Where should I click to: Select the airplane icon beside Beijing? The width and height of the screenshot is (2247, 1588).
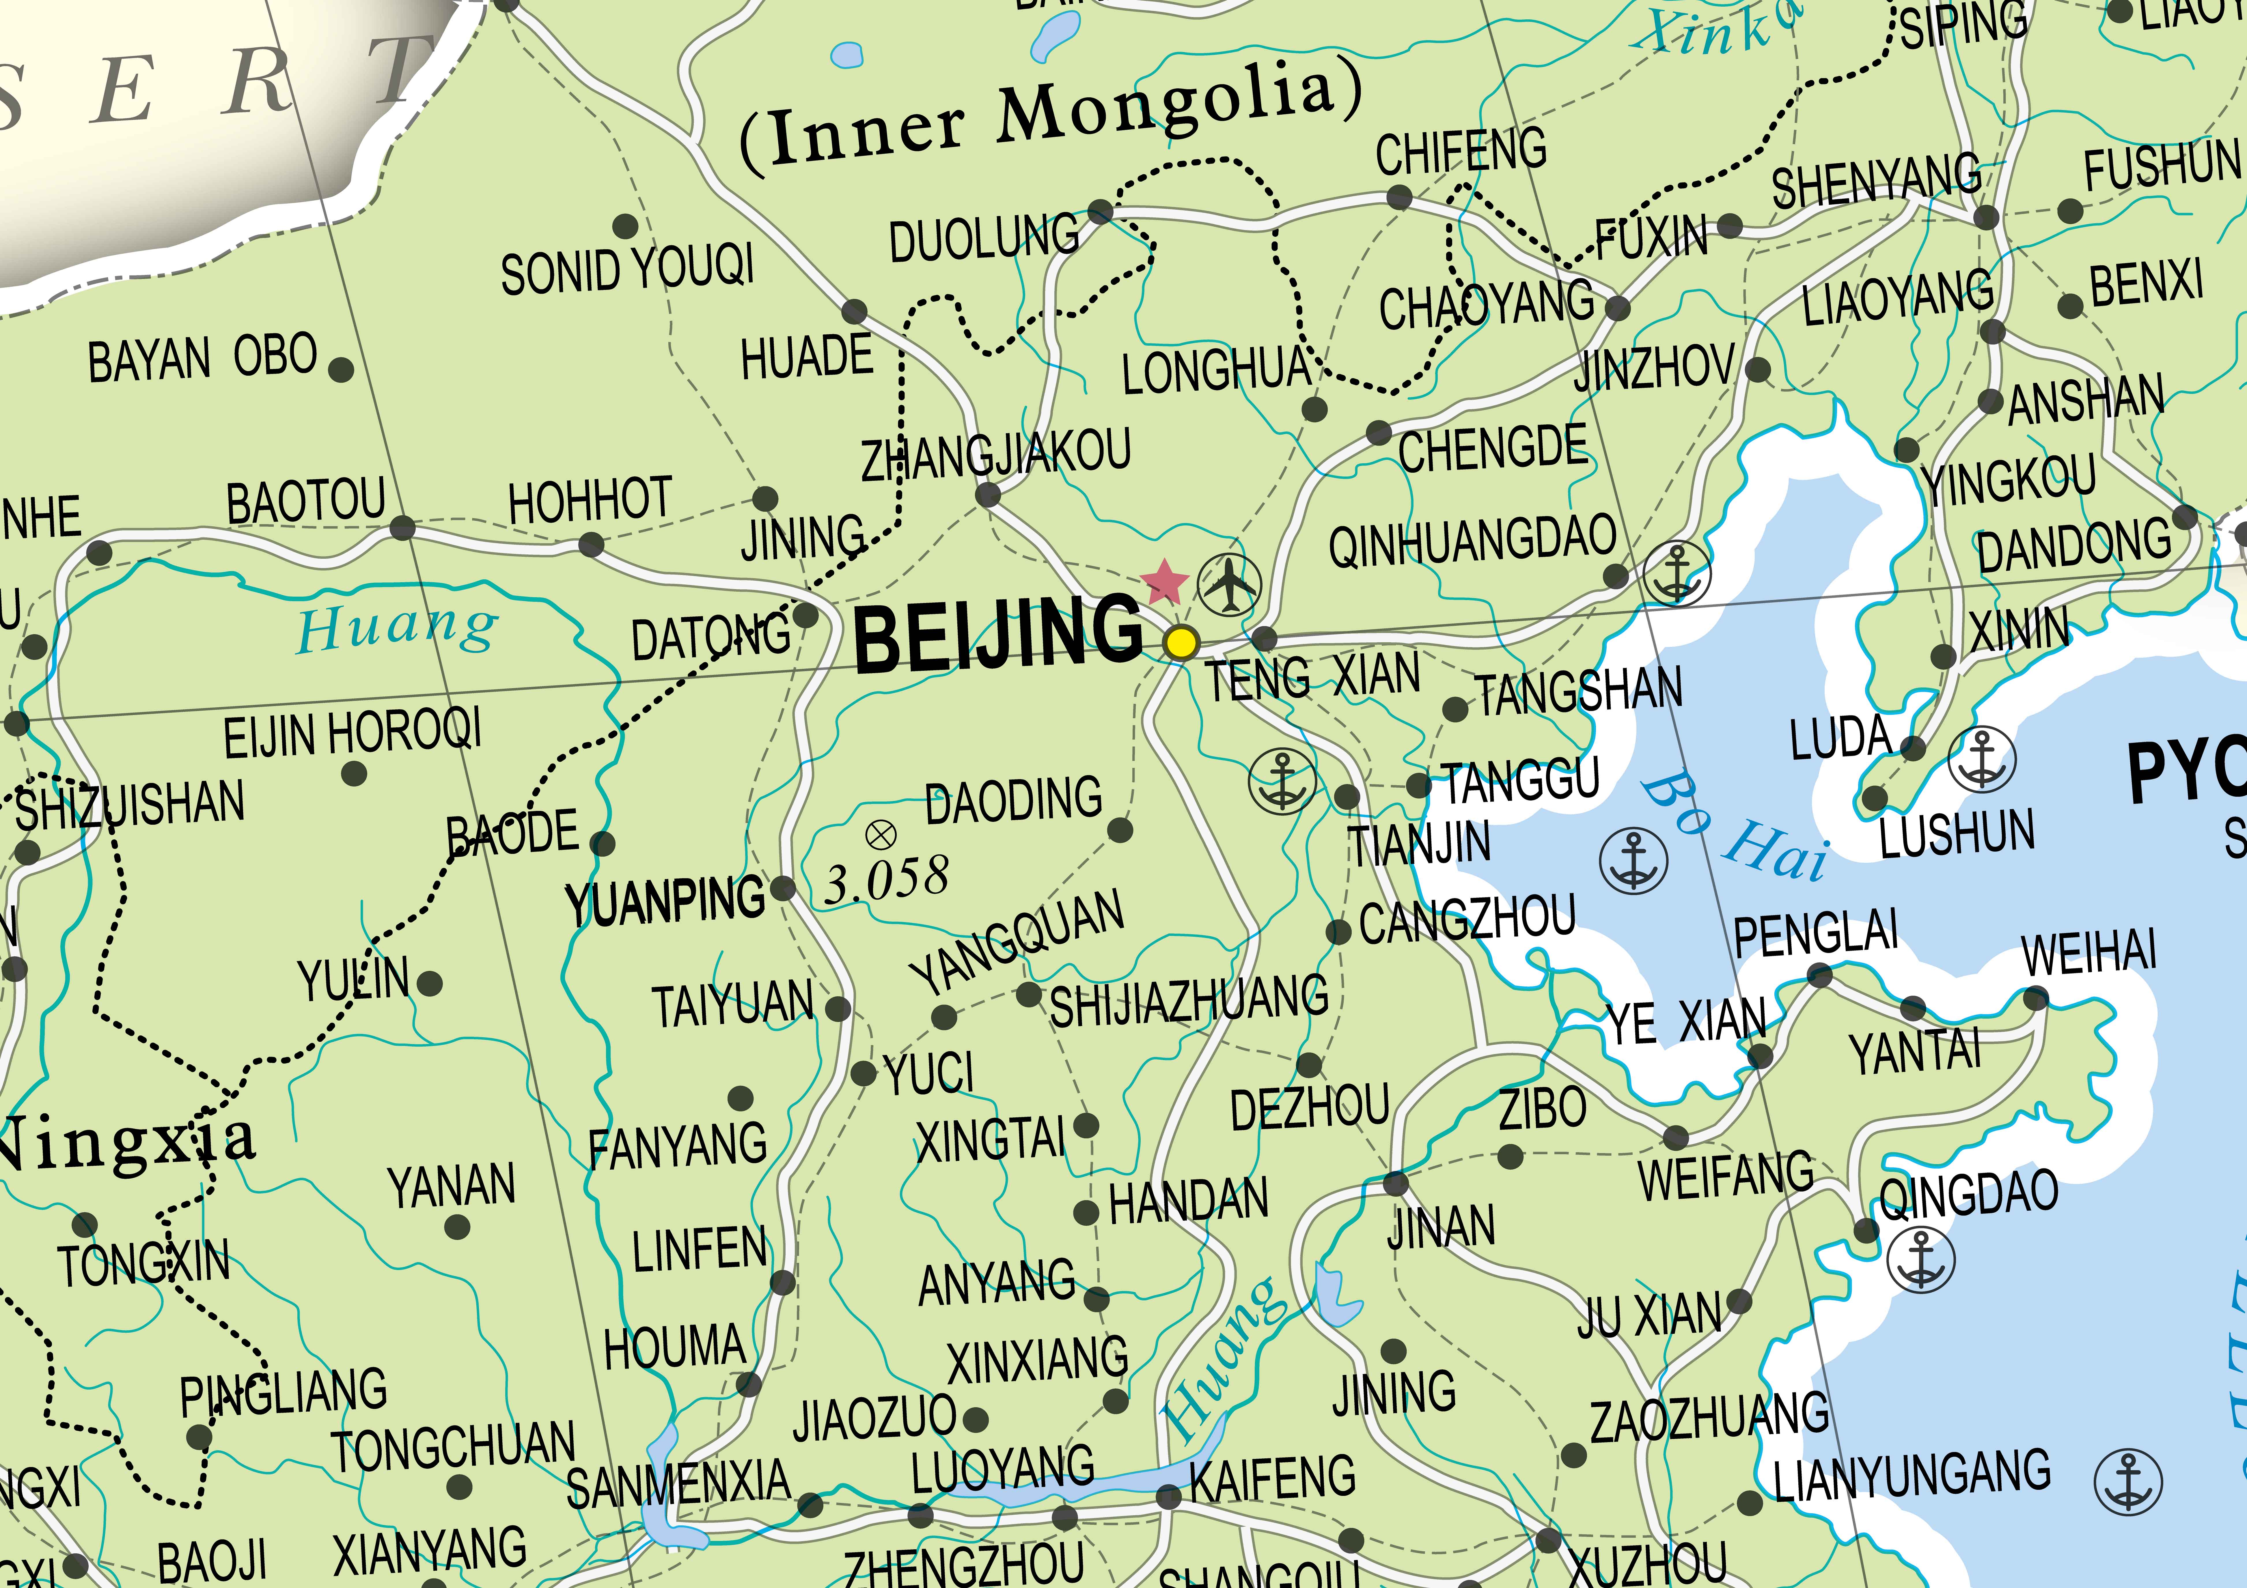click(1229, 584)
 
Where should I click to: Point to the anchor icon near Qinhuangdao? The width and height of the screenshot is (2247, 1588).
click(1677, 572)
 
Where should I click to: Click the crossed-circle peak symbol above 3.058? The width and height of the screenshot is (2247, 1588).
click(881, 835)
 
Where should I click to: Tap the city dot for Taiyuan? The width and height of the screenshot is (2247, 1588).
click(838, 1009)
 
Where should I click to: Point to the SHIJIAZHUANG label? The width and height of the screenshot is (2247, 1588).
click(1189, 1001)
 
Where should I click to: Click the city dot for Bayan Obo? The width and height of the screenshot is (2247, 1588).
click(341, 370)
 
